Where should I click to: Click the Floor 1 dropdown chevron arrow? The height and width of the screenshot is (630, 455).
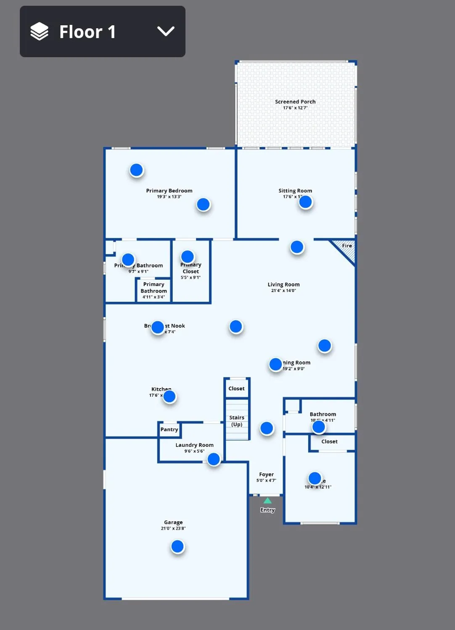coord(166,31)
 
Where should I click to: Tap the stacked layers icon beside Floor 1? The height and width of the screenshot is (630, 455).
coord(40,31)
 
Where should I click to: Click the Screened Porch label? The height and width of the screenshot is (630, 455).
coord(295,102)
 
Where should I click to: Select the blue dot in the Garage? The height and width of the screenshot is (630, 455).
coord(177,546)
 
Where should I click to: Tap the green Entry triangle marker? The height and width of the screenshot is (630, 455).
coord(267,501)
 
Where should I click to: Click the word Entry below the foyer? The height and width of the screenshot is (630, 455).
coord(267,510)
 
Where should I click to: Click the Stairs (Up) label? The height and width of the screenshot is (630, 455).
coord(237,421)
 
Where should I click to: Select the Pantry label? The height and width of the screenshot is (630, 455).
coord(169,429)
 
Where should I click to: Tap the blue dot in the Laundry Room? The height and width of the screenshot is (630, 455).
coord(214,459)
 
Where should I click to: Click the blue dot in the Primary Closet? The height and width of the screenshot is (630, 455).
coord(188,257)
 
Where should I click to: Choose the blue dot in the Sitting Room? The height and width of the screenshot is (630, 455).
coord(306,202)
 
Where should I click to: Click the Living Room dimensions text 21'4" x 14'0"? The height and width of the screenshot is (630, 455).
coord(283,291)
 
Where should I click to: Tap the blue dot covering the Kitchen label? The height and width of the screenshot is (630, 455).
coord(169,396)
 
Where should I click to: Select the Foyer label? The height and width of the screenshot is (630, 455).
coord(266,474)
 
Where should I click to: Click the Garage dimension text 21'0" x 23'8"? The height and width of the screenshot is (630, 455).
coord(173,528)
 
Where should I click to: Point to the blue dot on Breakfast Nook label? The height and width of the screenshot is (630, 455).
coord(158,327)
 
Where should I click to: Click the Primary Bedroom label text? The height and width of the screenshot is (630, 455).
coord(169,191)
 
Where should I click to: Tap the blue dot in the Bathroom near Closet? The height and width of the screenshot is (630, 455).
coord(319,427)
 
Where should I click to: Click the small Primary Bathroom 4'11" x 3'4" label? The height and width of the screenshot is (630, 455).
coord(153,291)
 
